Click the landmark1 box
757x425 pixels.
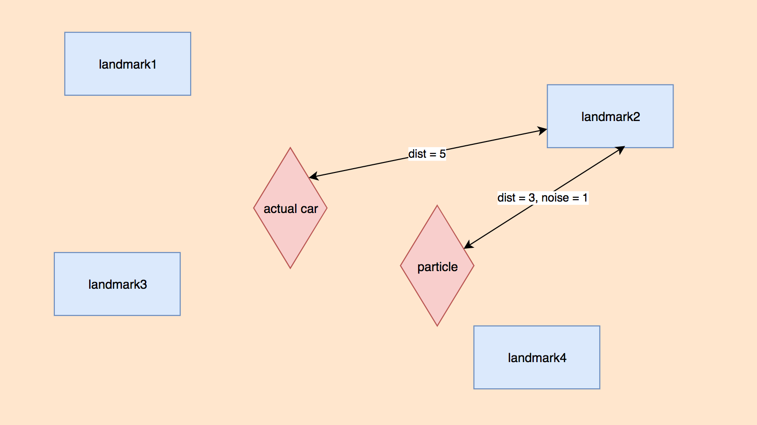(x=128, y=64)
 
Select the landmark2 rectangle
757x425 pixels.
(x=610, y=116)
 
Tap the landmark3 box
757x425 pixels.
(x=117, y=284)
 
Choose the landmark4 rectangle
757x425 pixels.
(x=537, y=357)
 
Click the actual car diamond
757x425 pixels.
(x=290, y=208)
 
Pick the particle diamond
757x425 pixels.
(x=437, y=266)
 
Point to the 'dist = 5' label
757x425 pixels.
(x=427, y=154)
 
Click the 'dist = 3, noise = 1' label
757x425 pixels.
(x=543, y=198)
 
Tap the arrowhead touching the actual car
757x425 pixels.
(x=314, y=176)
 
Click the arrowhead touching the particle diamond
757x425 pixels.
(x=469, y=244)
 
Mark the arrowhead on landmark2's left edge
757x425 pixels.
(x=542, y=131)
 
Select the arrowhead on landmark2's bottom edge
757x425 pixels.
(x=620, y=150)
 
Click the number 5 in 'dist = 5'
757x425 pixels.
(x=442, y=154)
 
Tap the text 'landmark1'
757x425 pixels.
(x=128, y=64)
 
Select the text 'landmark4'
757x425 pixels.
(x=537, y=358)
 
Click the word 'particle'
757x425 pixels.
(x=437, y=267)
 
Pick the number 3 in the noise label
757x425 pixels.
(x=532, y=198)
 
